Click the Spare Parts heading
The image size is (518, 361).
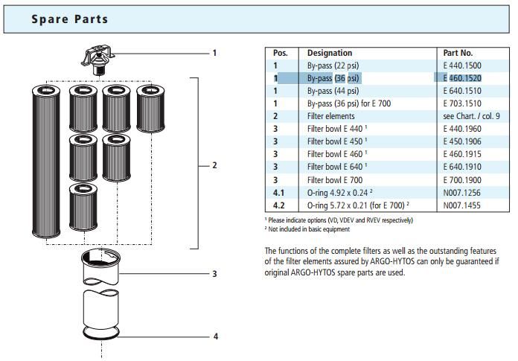click(x=69, y=19)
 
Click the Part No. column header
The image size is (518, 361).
click(x=458, y=54)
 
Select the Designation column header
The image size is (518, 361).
click(x=330, y=54)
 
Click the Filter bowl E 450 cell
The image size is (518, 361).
click(x=337, y=141)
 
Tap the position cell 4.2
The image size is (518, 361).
click(x=279, y=205)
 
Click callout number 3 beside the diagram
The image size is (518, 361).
click(x=215, y=274)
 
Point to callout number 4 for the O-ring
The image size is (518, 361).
click(x=215, y=336)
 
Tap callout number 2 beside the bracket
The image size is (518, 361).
click(x=215, y=164)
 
